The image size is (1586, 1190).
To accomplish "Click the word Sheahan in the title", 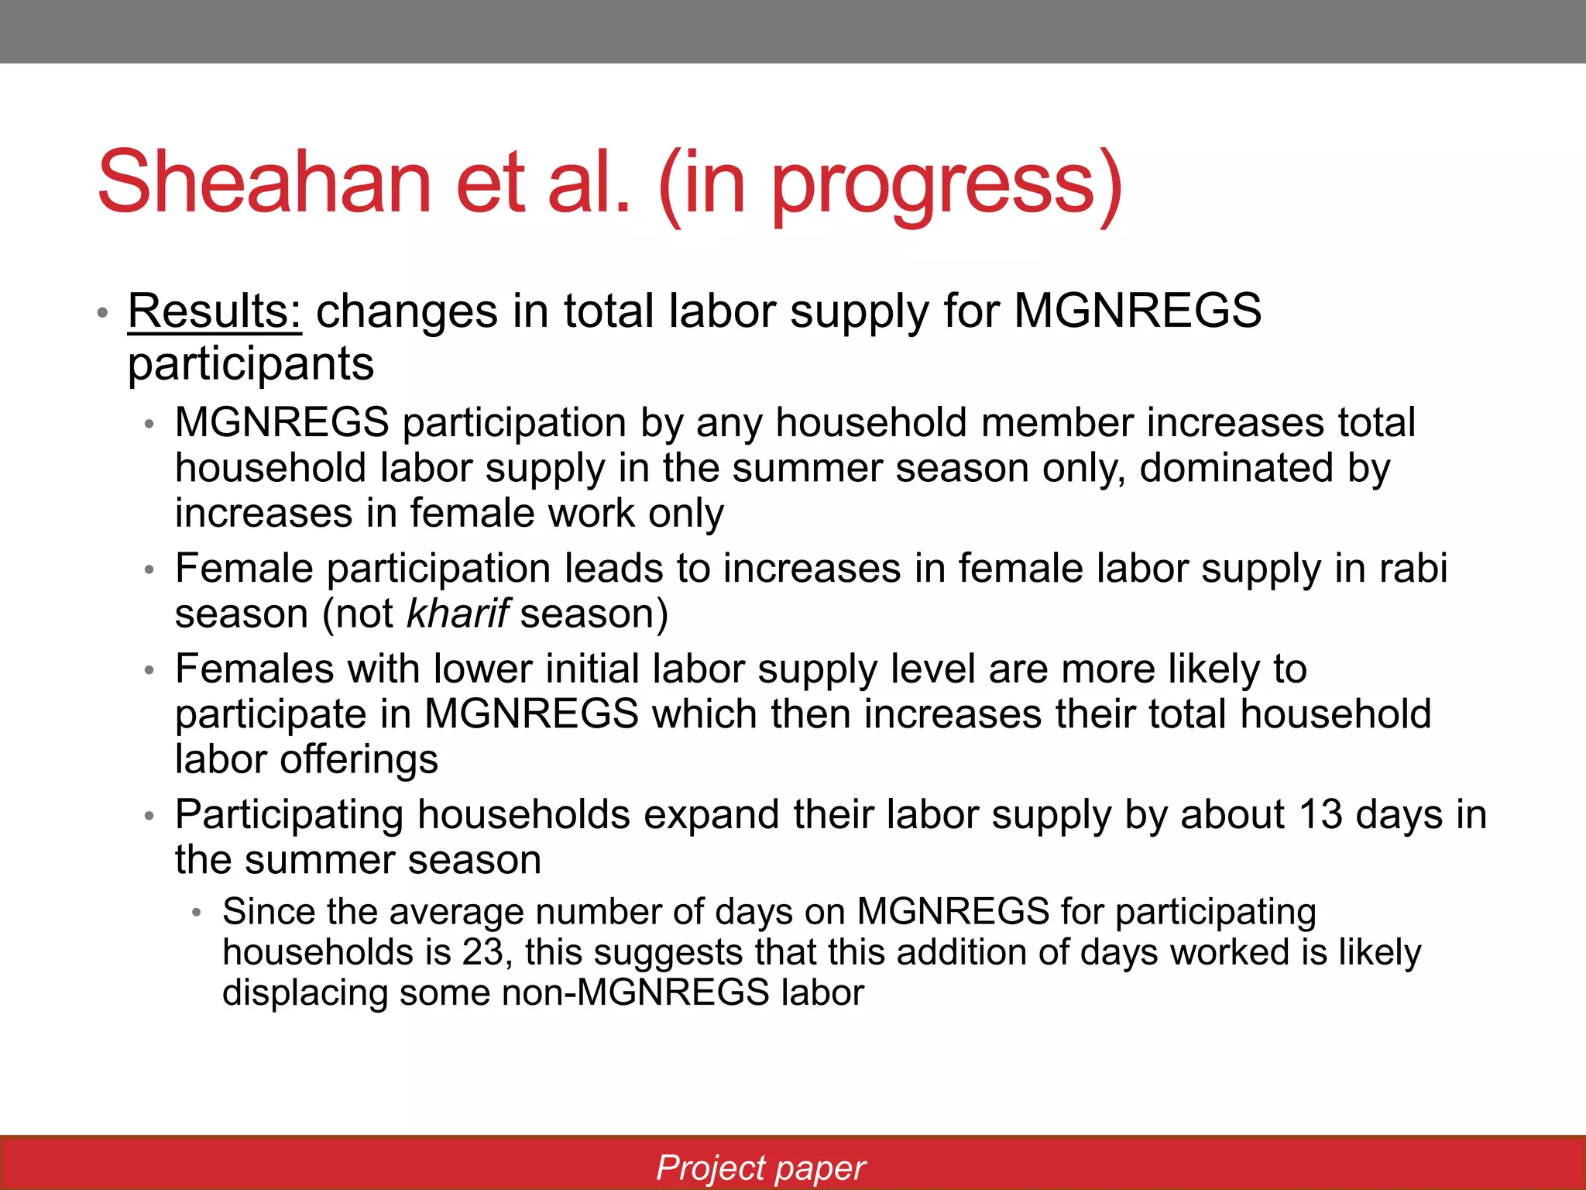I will [x=263, y=183].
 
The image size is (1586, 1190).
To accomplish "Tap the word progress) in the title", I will [x=946, y=186].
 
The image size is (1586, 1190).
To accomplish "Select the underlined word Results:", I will [x=215, y=311].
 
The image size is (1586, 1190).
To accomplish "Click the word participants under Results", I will [x=251, y=364].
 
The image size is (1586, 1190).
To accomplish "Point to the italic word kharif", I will [x=457, y=614].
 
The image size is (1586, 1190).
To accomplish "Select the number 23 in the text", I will [x=483, y=952].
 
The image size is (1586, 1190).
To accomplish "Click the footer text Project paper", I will [x=760, y=1168].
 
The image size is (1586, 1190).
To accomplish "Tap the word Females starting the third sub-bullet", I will [x=254, y=669].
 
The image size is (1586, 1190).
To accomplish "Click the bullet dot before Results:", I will [x=102, y=314].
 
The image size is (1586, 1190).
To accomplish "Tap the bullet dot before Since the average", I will [x=197, y=913].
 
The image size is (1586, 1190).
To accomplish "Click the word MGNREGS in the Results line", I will [x=1137, y=311].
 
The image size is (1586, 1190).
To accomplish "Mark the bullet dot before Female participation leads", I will [x=149, y=570].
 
